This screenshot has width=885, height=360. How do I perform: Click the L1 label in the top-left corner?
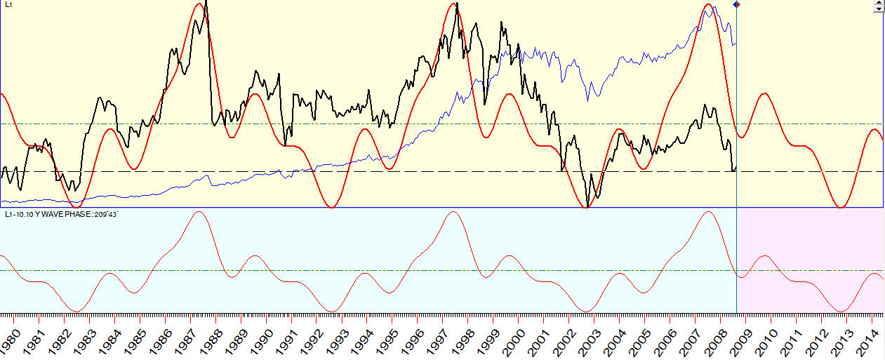point(8,5)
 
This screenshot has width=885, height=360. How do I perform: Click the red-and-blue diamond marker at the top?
point(736,5)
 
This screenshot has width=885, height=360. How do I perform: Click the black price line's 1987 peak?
point(206,2)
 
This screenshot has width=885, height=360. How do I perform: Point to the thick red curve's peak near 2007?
point(707,5)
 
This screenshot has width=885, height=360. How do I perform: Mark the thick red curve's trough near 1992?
point(333,206)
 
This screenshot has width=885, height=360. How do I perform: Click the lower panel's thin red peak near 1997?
point(453,211)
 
